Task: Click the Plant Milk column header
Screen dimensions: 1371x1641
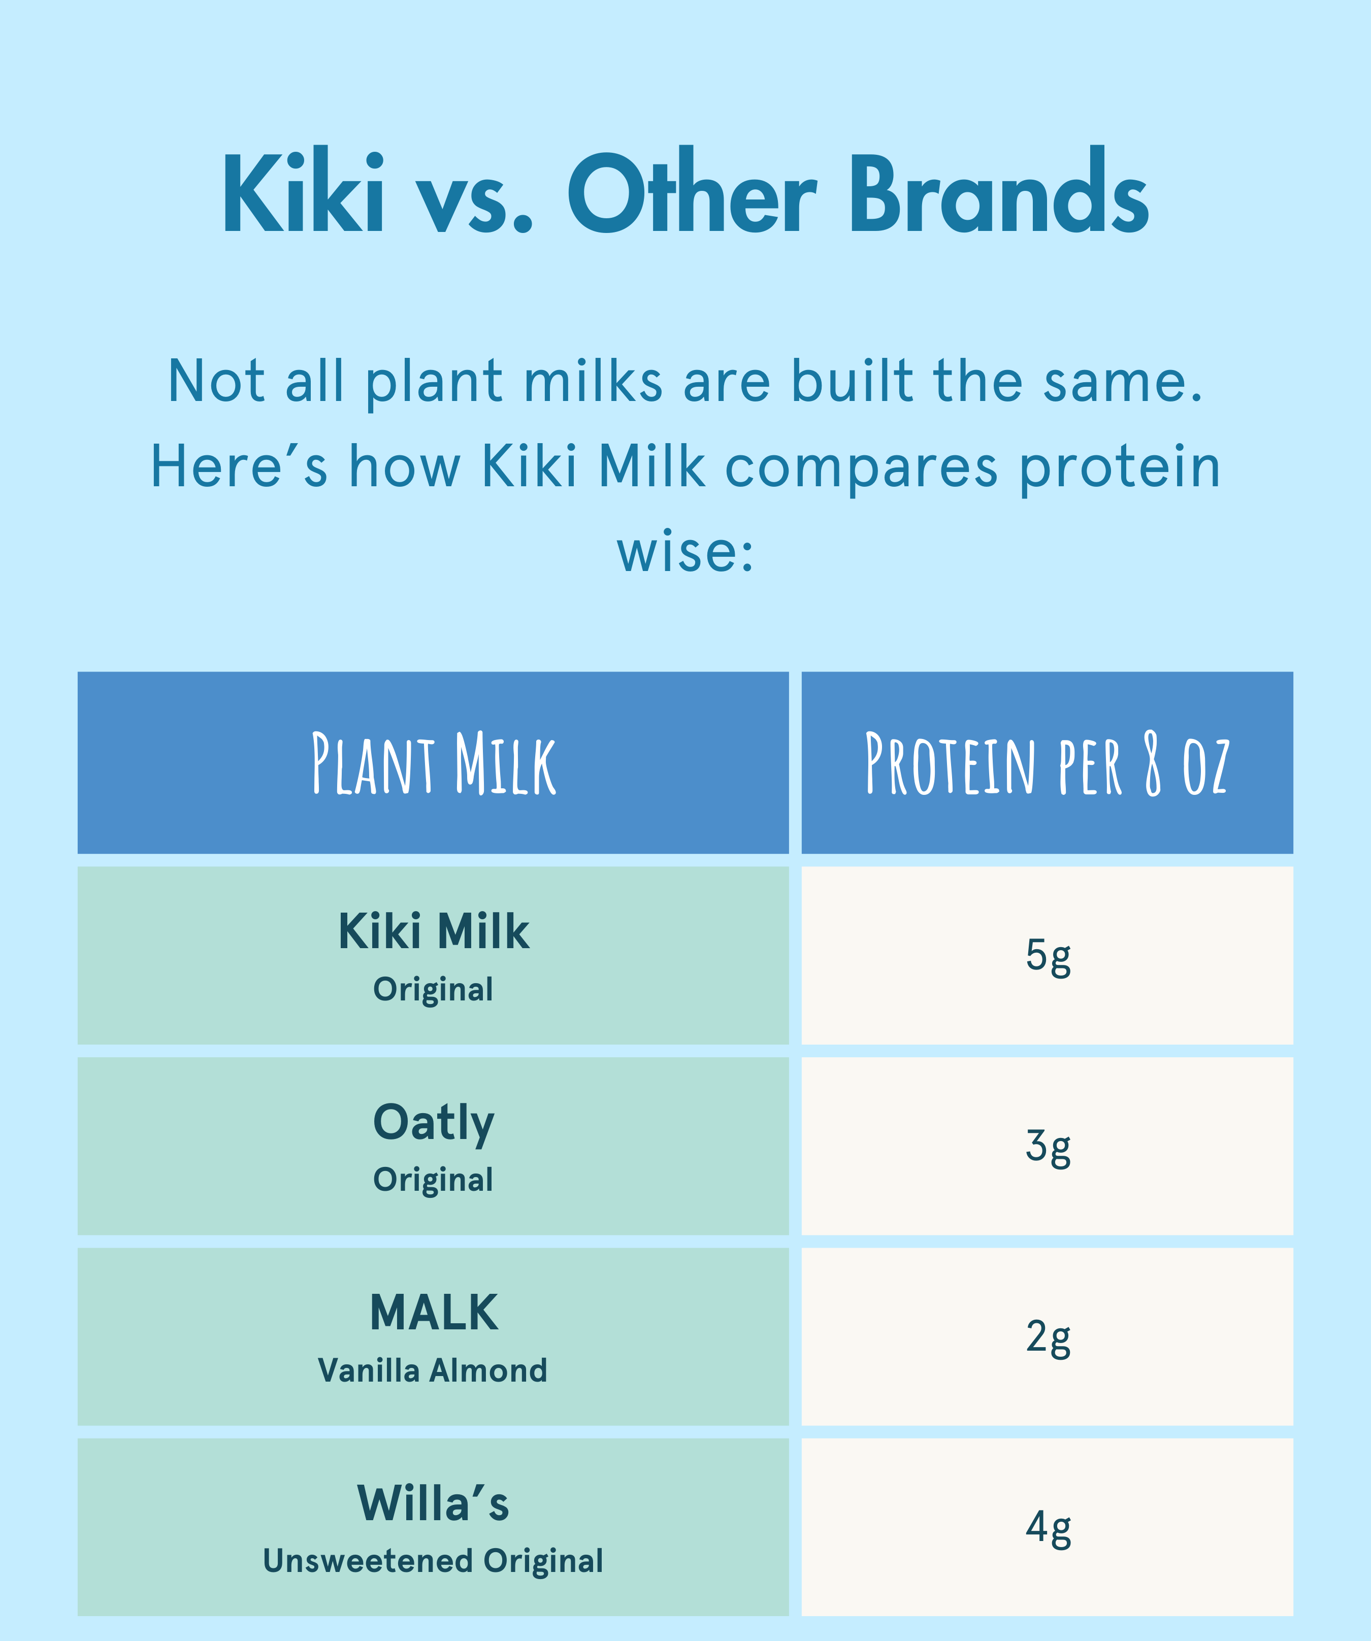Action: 434,763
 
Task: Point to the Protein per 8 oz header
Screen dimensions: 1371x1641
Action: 1048,763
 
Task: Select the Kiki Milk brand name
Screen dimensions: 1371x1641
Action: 434,931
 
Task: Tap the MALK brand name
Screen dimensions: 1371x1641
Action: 434,1312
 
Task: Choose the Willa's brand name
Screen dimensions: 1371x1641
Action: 433,1503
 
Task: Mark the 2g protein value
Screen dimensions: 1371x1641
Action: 1048,1338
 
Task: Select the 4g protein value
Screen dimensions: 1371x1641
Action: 1048,1529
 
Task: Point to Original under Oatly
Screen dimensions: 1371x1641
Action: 433,1181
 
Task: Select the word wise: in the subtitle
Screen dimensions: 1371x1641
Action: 685,552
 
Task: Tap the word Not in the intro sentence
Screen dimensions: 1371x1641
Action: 216,381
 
